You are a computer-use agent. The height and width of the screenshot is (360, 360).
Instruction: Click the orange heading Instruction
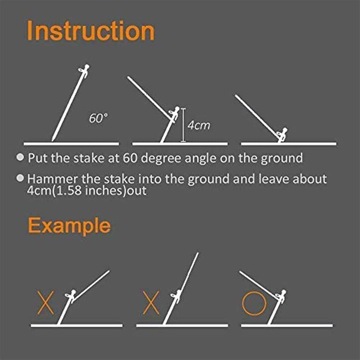click(91, 31)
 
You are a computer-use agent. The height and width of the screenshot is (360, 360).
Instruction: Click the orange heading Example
click(69, 225)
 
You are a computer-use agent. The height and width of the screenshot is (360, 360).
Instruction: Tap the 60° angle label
click(99, 119)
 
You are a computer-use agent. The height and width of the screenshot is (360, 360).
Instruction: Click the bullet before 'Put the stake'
click(21, 158)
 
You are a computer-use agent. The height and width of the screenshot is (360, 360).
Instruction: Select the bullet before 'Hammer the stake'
click(21, 178)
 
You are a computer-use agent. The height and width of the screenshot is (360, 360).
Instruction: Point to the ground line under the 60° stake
click(71, 144)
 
